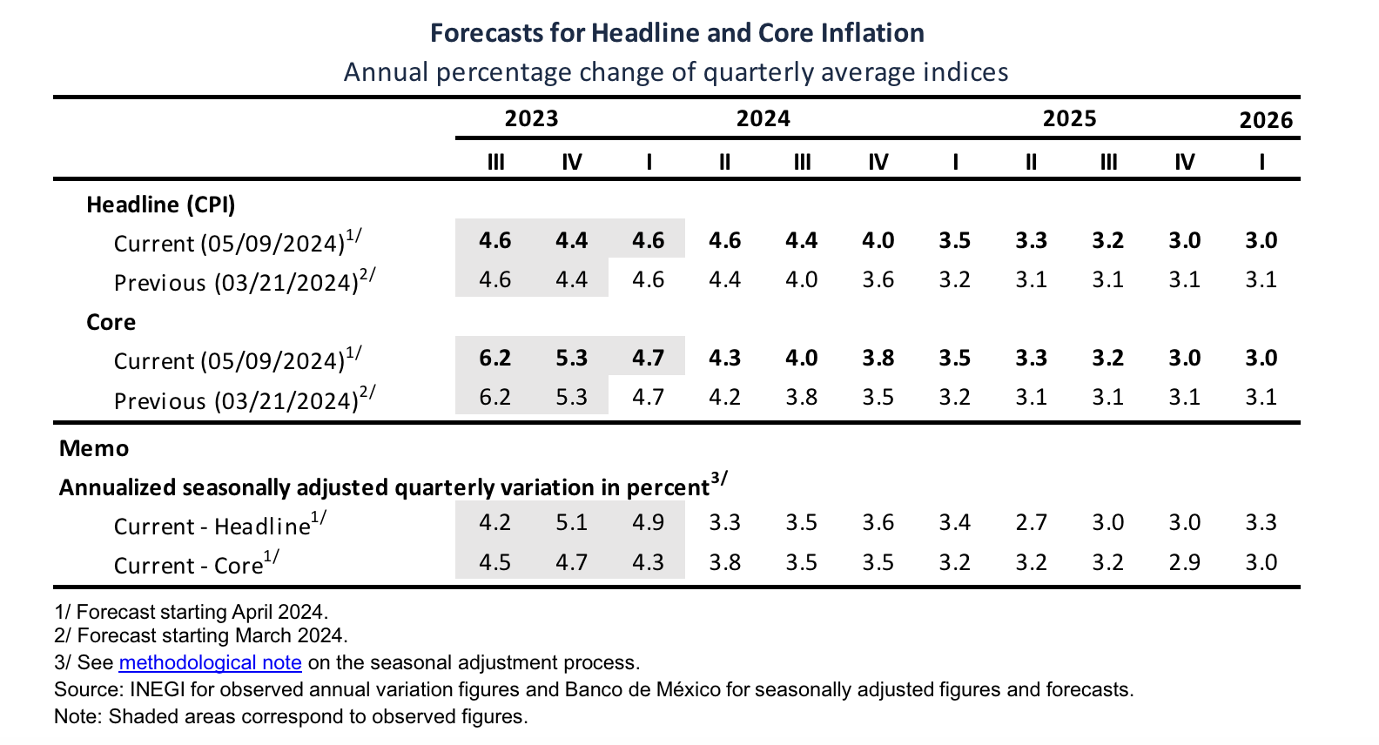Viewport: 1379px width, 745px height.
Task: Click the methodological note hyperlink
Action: click(210, 662)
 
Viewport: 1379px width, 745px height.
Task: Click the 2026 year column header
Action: click(1266, 120)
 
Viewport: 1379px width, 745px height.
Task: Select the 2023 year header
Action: click(531, 118)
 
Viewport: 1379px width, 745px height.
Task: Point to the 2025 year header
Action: click(1069, 118)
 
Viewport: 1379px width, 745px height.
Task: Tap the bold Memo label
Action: click(94, 448)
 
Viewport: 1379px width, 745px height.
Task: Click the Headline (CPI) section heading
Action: click(161, 205)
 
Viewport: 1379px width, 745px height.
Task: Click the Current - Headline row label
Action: click(219, 525)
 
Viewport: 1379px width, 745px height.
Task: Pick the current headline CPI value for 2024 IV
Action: click(878, 240)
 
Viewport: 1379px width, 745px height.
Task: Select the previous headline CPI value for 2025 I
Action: click(954, 279)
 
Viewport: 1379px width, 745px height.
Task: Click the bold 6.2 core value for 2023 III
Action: click(494, 358)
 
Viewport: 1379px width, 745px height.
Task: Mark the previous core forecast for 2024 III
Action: click(801, 397)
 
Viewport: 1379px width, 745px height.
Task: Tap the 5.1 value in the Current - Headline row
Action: click(571, 522)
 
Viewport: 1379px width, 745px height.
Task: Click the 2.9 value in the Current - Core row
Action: click(1184, 562)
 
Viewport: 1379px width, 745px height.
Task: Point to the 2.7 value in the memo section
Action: click(1031, 522)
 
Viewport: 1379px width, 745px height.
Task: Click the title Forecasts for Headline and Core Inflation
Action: click(676, 33)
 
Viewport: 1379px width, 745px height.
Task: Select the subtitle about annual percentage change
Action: click(676, 71)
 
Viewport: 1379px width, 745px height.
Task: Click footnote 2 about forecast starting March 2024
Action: click(200, 635)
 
